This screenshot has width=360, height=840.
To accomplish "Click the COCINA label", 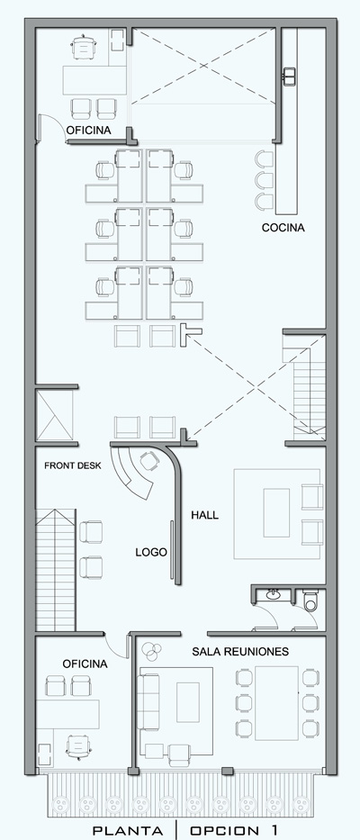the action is tap(283, 228).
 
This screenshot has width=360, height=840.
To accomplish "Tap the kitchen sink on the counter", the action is tap(290, 76).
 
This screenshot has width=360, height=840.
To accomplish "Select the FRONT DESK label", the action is tap(73, 465).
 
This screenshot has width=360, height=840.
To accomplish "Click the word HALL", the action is tap(205, 515).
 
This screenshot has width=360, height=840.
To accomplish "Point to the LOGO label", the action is tap(151, 552).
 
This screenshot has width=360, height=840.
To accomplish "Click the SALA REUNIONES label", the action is tap(240, 652).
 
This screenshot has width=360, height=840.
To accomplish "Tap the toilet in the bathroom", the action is tap(310, 601).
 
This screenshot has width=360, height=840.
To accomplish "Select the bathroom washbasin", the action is tap(274, 593).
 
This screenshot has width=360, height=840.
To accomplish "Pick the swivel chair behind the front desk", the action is tap(148, 461).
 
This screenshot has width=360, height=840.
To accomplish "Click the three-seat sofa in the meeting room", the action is tap(148, 701).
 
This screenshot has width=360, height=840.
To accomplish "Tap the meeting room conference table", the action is tap(276, 703).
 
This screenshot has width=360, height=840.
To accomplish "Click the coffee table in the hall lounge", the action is tap(276, 512).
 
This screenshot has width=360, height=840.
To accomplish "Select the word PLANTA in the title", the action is tap(128, 830).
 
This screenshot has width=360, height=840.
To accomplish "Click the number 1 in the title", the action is tap(274, 830).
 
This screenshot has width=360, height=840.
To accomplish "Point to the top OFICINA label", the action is tap(88, 131).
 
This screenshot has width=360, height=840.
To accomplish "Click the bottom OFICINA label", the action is tap(85, 664).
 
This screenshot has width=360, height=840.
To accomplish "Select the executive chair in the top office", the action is tap(83, 47).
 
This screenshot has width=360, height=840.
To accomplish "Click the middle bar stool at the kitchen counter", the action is tap(264, 181).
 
